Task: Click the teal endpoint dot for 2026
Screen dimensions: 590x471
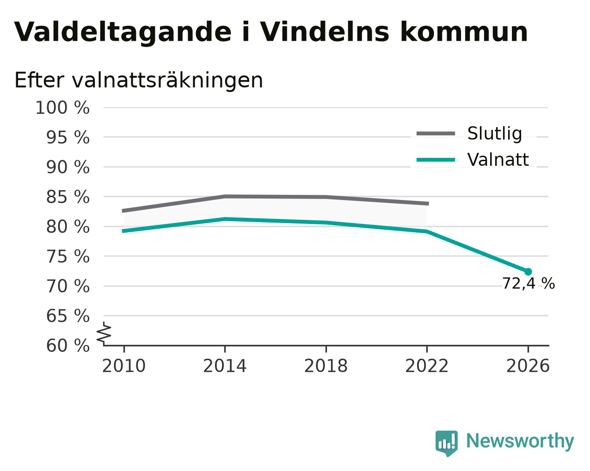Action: point(528,272)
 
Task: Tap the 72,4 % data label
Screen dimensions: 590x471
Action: point(529,284)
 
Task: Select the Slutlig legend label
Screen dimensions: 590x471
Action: point(494,133)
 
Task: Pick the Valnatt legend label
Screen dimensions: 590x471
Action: point(498,160)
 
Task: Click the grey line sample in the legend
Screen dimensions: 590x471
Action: point(436,133)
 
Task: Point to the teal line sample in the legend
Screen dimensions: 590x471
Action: point(436,160)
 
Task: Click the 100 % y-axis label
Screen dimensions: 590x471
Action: point(62,108)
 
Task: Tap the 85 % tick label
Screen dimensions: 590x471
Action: point(68,197)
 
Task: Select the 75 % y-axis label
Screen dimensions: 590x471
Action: point(68,257)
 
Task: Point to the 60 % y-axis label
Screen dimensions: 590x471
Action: point(68,345)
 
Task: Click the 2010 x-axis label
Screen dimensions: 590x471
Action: point(123,366)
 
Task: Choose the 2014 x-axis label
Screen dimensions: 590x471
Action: point(225,366)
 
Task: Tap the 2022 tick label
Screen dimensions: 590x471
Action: point(427,366)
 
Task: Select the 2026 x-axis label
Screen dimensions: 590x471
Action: point(528,366)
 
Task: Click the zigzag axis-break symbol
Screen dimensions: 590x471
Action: point(104,334)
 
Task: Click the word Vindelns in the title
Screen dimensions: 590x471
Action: point(324,32)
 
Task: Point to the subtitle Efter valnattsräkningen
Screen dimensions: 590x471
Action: point(138,80)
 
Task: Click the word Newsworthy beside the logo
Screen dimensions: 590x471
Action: point(520,441)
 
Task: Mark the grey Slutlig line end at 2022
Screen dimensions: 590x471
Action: point(428,204)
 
